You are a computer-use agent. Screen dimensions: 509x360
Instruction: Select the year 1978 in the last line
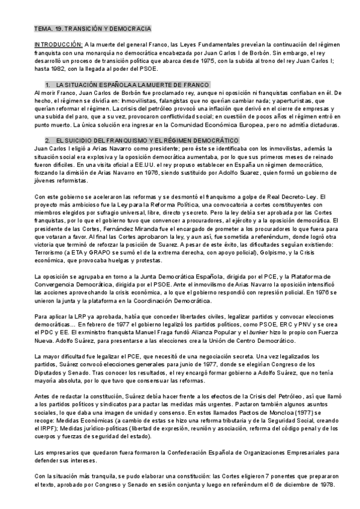(329, 484)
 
